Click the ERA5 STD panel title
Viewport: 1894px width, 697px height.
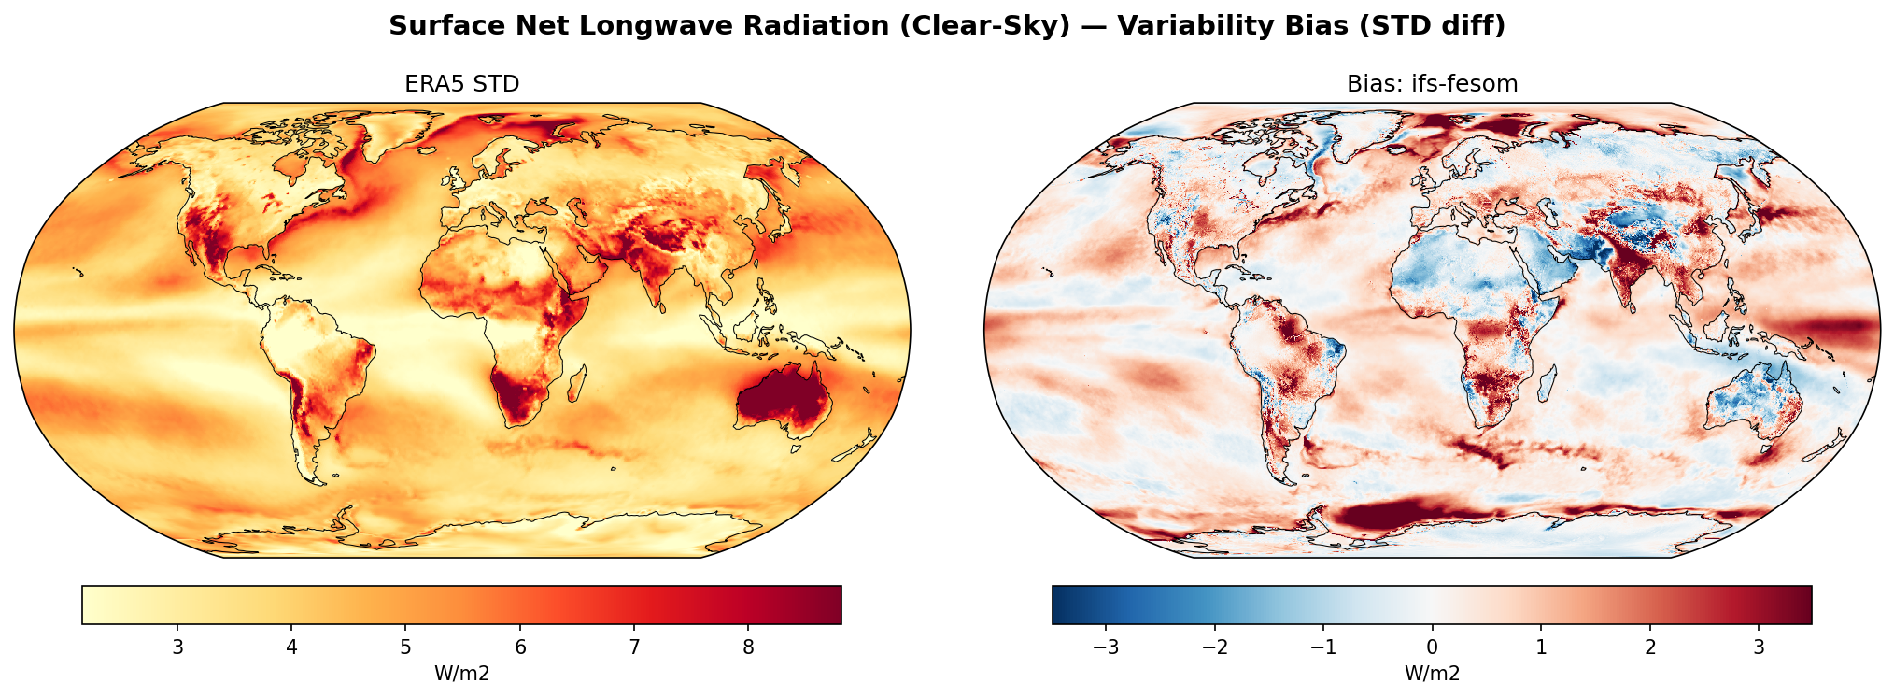[x=461, y=84]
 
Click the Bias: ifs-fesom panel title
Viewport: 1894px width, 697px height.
[x=1432, y=84]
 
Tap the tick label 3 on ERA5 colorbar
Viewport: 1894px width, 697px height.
[x=177, y=647]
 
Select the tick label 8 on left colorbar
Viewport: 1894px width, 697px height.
[x=748, y=647]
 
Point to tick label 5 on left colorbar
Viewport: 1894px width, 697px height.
[x=405, y=647]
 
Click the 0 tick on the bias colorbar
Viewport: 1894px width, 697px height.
[x=1432, y=647]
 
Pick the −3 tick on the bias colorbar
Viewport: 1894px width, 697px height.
[x=1106, y=647]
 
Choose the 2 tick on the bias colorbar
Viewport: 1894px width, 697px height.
[x=1650, y=647]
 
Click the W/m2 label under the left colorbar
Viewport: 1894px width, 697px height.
[x=461, y=674]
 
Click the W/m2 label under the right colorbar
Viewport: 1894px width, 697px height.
[x=1432, y=674]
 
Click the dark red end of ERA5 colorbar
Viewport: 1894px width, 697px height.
[x=831, y=605]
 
